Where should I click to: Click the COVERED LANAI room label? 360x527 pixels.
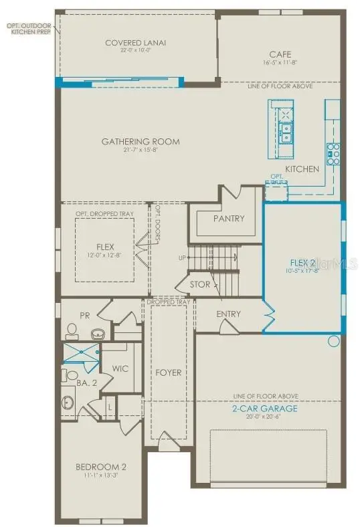click(136, 43)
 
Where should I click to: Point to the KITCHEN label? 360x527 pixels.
click(302, 169)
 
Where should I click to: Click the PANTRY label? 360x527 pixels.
click(229, 219)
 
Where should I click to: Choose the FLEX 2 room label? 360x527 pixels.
click(303, 262)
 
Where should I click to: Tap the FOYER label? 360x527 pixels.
click(169, 373)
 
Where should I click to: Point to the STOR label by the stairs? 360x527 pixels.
click(200, 284)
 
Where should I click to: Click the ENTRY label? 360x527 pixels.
click(228, 314)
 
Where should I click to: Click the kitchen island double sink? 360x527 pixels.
click(286, 132)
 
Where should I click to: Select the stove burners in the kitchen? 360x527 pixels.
click(333, 154)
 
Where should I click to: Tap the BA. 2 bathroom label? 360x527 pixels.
click(84, 383)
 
